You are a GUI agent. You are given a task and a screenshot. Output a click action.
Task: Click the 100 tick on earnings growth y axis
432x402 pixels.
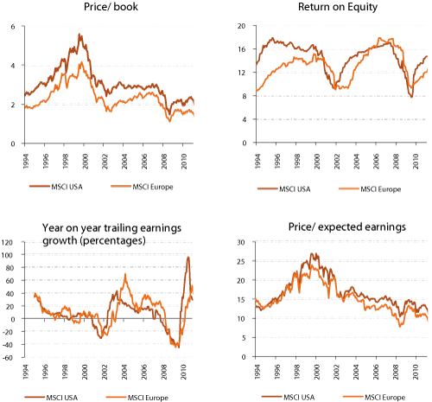tap(10, 256)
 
